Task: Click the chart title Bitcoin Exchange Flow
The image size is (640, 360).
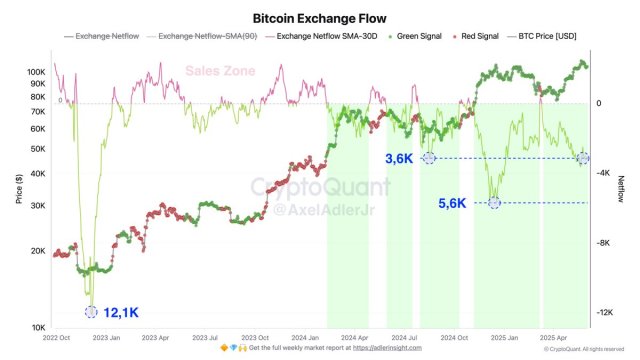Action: [x=319, y=18]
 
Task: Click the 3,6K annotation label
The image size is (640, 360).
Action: [x=400, y=158]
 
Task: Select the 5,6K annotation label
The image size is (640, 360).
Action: [x=452, y=203]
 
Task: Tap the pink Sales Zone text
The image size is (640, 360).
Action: [x=219, y=71]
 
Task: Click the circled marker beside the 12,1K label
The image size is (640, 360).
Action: [x=92, y=312]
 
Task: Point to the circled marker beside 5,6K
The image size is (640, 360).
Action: [x=494, y=203]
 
